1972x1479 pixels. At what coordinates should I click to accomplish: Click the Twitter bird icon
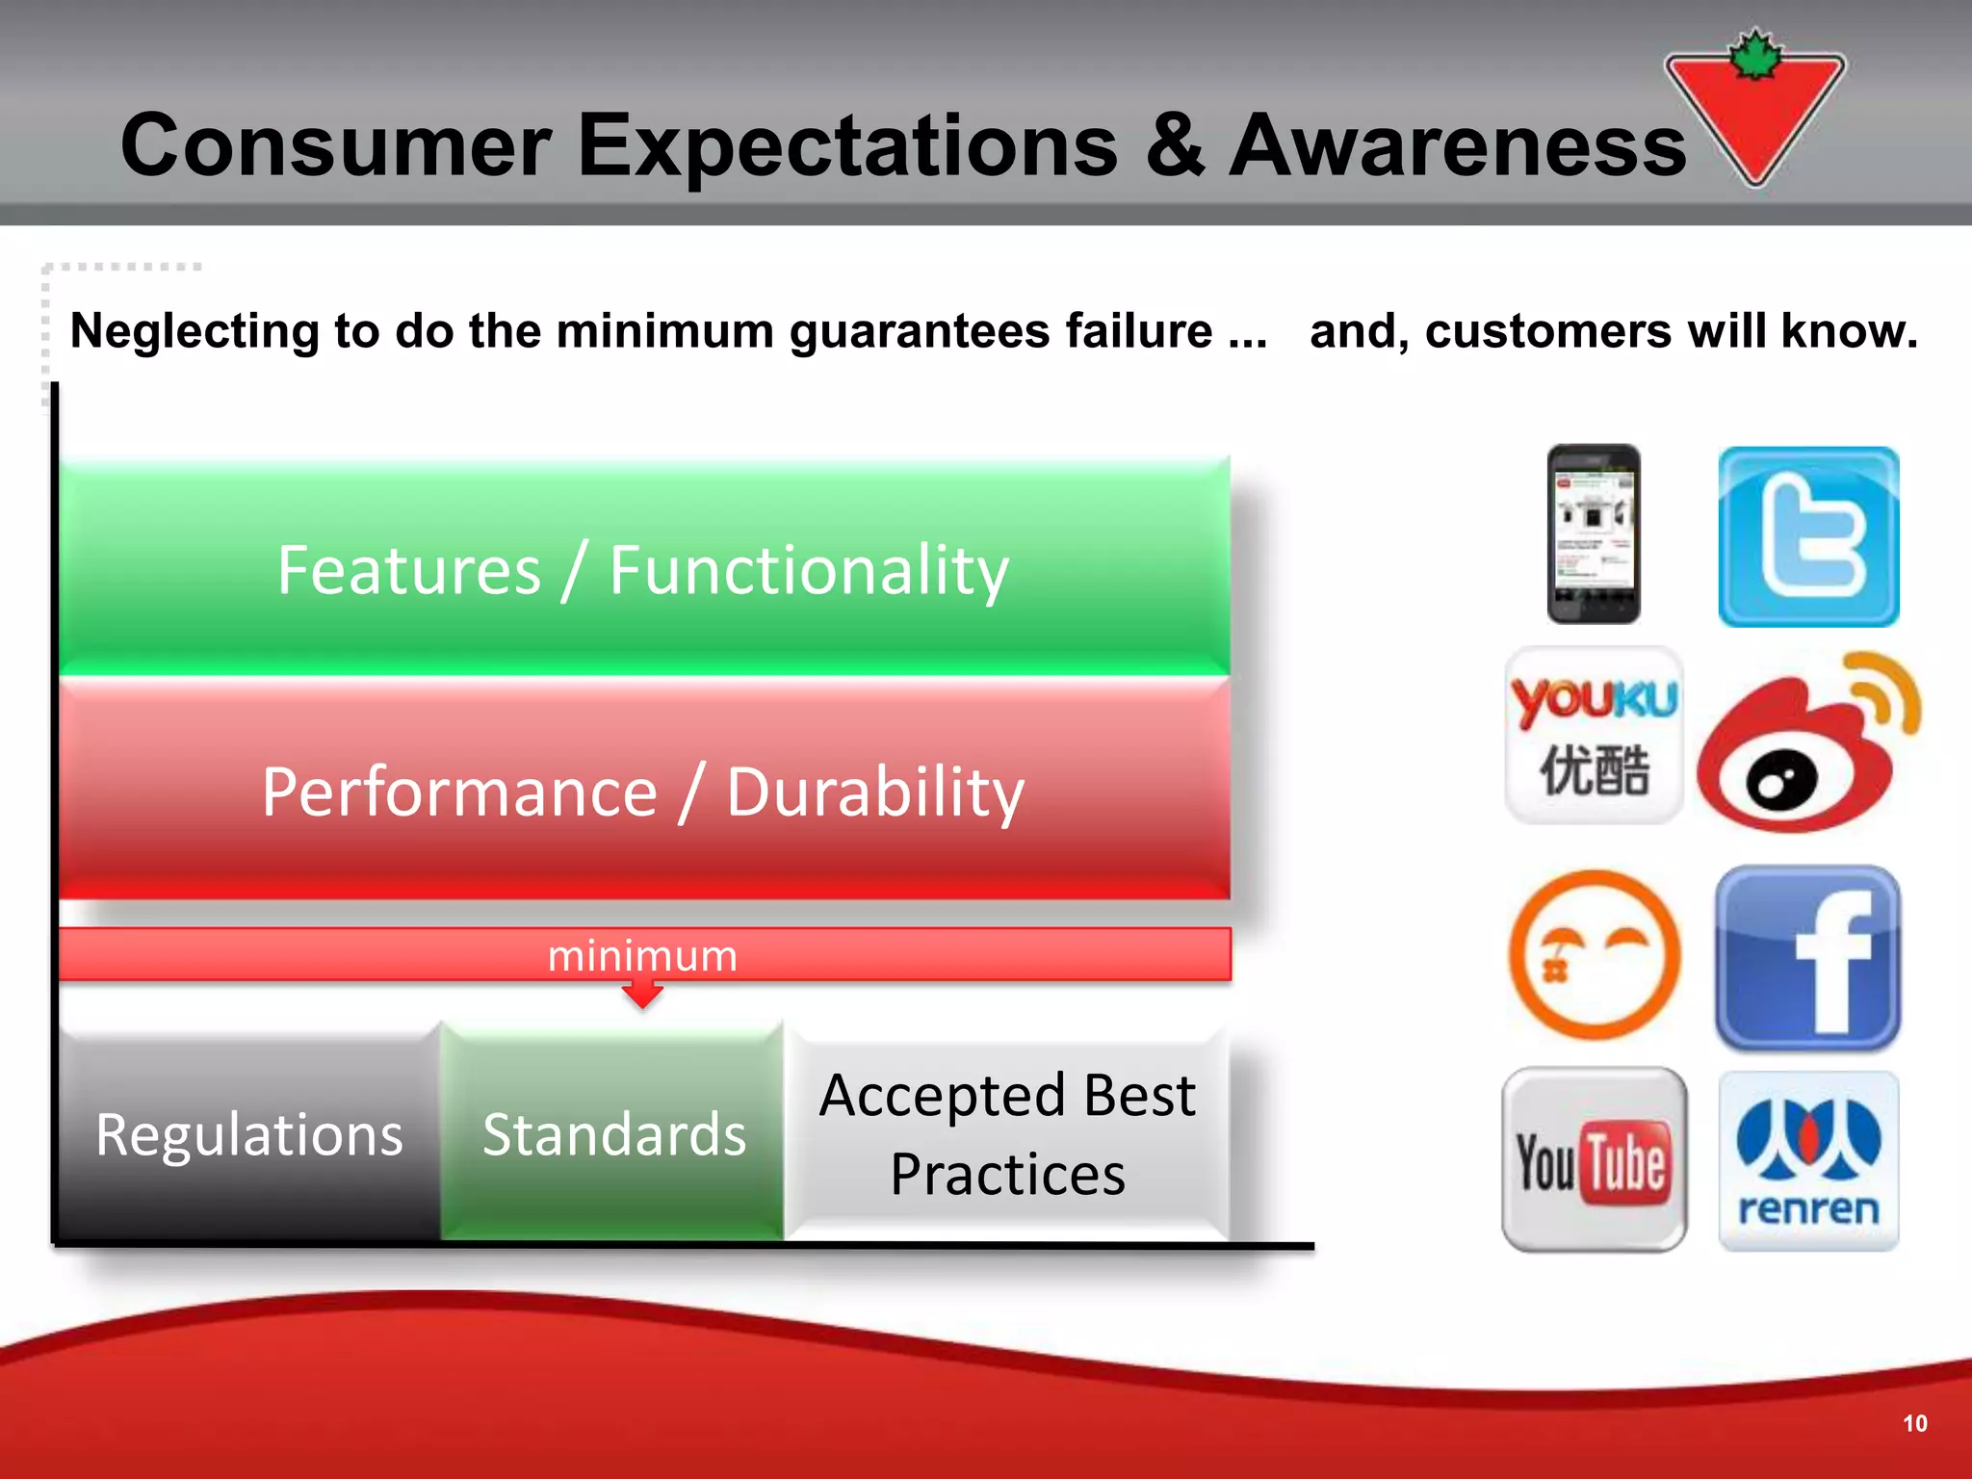click(1808, 536)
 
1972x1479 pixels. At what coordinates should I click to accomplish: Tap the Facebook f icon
click(1807, 958)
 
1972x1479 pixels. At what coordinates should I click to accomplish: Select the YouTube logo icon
click(1594, 1159)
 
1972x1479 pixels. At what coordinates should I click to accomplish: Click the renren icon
click(1808, 1160)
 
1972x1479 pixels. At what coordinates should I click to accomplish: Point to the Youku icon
click(1594, 735)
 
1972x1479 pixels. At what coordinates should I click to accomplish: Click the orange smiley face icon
click(1594, 954)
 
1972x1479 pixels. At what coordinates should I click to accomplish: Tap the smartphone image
click(1594, 533)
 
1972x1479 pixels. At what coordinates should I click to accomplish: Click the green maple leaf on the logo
click(1755, 56)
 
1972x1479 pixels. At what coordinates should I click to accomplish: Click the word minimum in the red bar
click(642, 955)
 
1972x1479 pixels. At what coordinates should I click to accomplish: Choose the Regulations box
click(249, 1133)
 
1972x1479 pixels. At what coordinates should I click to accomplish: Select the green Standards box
click(613, 1133)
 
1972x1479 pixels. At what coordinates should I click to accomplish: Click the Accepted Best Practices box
click(1007, 1133)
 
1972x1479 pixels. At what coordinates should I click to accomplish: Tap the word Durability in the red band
click(874, 792)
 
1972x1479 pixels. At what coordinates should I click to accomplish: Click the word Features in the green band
click(408, 570)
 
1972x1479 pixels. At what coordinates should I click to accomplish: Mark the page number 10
click(1914, 1423)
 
